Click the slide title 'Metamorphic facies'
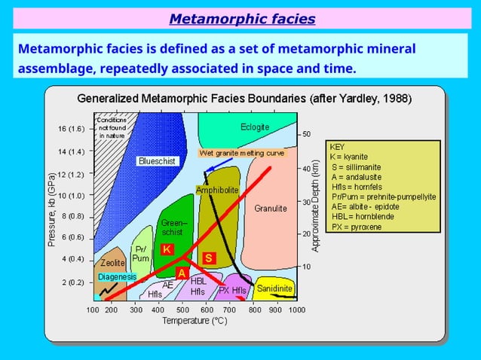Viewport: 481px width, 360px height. coord(241,18)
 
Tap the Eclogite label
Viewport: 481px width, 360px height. coord(255,127)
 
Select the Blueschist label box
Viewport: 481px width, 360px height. coord(157,161)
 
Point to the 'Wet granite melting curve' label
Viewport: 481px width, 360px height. coord(242,153)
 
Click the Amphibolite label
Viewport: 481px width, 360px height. coord(217,191)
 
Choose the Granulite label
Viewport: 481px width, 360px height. coord(270,208)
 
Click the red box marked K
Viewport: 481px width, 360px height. coord(167,249)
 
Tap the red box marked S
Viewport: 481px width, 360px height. coord(210,258)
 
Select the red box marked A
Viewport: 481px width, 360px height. coord(182,273)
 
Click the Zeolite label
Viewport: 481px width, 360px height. coord(112,264)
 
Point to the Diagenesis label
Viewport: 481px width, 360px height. coord(117,277)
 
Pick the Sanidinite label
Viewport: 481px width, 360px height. coord(274,288)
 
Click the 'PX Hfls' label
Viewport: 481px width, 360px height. coord(233,291)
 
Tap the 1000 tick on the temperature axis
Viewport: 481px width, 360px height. coord(296,310)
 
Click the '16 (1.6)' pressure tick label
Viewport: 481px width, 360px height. coord(72,129)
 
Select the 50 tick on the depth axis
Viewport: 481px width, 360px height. coord(307,134)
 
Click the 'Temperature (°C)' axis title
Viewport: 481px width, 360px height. coord(195,321)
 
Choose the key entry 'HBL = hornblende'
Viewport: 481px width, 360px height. coord(362,216)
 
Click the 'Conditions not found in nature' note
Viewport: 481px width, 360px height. coord(112,127)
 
